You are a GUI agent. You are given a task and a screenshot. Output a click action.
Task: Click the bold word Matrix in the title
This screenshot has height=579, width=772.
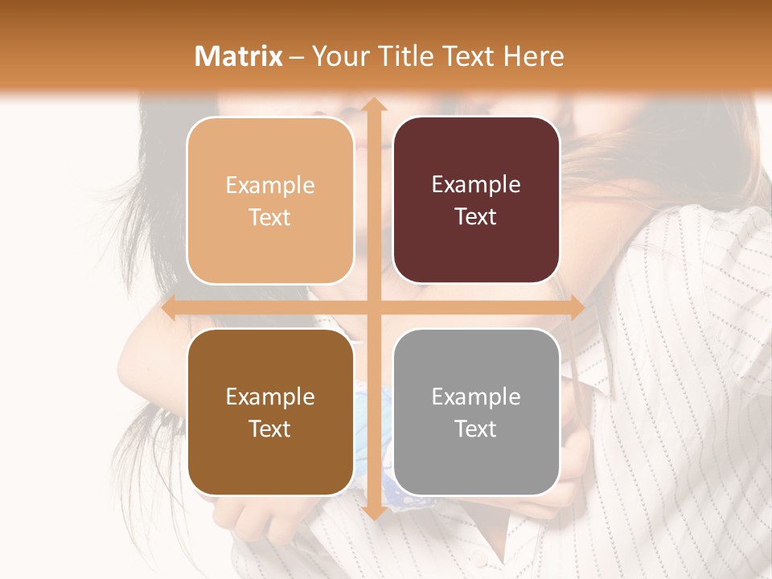click(239, 56)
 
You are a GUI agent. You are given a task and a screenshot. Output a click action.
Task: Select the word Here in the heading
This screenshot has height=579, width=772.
click(533, 56)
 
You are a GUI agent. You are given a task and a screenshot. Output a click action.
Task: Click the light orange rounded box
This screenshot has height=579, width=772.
click(270, 200)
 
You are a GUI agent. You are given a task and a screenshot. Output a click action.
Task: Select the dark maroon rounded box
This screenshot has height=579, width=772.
click(476, 200)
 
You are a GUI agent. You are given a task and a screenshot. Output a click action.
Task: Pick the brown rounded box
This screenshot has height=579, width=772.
click(270, 412)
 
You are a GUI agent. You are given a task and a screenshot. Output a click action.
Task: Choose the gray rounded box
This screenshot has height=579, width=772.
click(476, 412)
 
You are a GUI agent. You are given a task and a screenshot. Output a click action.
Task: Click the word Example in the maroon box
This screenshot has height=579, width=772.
click(476, 185)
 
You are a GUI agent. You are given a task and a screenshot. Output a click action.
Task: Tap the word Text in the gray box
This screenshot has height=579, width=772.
click(476, 429)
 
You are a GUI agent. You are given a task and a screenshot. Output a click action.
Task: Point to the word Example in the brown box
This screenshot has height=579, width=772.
click(270, 396)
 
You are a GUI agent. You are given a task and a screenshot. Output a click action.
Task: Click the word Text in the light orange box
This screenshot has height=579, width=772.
click(270, 217)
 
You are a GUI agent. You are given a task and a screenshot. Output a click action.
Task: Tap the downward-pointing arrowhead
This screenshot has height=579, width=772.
click(373, 512)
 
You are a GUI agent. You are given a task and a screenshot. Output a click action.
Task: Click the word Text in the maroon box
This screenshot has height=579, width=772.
click(476, 217)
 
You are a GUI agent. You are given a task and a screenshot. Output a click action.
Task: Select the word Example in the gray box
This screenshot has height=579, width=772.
click(476, 396)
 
